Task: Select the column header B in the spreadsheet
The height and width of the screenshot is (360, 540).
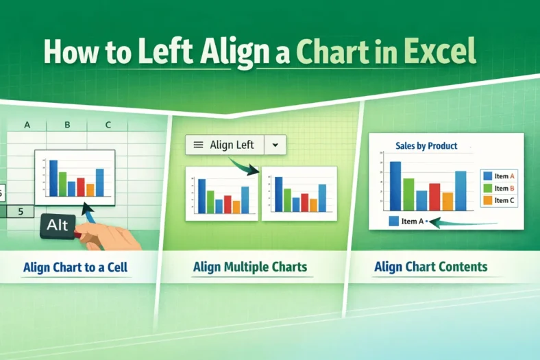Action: click(x=68, y=125)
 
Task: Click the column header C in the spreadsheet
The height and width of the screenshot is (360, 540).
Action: click(x=108, y=125)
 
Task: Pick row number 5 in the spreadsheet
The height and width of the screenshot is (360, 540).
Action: click(x=21, y=211)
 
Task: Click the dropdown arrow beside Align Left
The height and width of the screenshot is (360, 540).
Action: click(x=275, y=145)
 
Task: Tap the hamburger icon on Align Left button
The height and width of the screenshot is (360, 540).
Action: click(x=198, y=145)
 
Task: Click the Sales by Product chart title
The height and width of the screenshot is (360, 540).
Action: click(x=426, y=145)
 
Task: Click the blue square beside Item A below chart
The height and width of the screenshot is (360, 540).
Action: click(x=393, y=221)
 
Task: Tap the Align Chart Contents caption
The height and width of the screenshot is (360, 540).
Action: click(x=431, y=266)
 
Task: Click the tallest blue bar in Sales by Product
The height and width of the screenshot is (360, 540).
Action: click(x=395, y=186)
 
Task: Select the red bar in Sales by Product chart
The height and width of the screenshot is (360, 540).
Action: click(x=434, y=196)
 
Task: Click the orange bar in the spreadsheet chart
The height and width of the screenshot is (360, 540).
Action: click(x=90, y=190)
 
